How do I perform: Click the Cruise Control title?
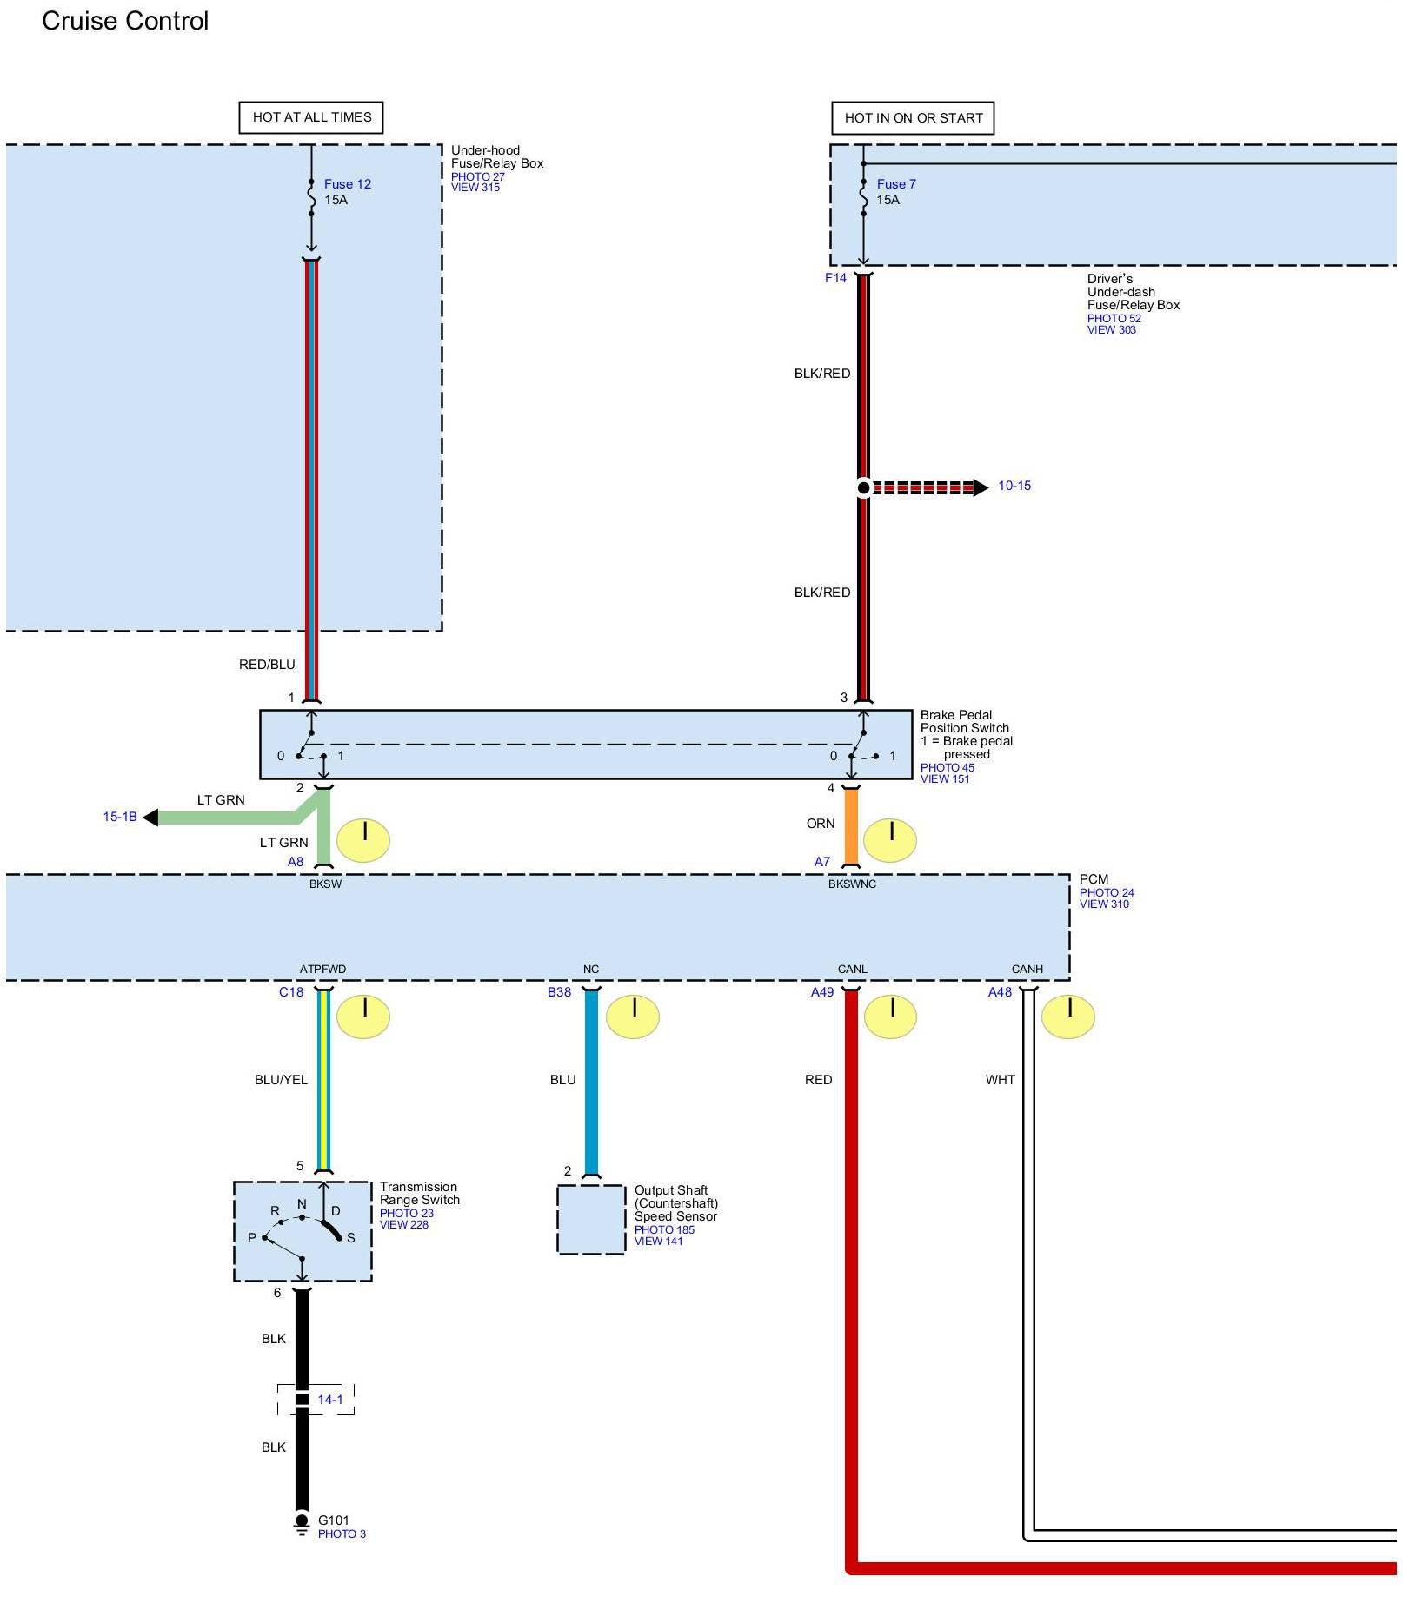(125, 21)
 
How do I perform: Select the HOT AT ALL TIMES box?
(311, 117)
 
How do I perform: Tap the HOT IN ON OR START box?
(913, 118)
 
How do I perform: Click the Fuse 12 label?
(347, 184)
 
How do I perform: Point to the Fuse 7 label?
(895, 184)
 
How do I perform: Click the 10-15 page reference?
(1014, 486)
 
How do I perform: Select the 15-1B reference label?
(120, 817)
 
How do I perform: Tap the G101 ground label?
(333, 1520)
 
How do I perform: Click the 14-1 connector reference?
(329, 1399)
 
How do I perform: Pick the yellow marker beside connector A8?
(363, 840)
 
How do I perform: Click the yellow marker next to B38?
(632, 1017)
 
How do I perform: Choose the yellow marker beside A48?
(1067, 1017)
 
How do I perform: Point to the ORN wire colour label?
(820, 823)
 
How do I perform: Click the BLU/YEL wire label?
(280, 1079)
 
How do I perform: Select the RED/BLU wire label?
(267, 665)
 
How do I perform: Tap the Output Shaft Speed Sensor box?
(591, 1219)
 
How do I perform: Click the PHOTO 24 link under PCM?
(1106, 892)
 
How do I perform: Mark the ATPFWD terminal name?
(322, 969)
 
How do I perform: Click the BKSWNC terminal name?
(852, 884)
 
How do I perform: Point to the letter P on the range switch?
(252, 1237)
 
